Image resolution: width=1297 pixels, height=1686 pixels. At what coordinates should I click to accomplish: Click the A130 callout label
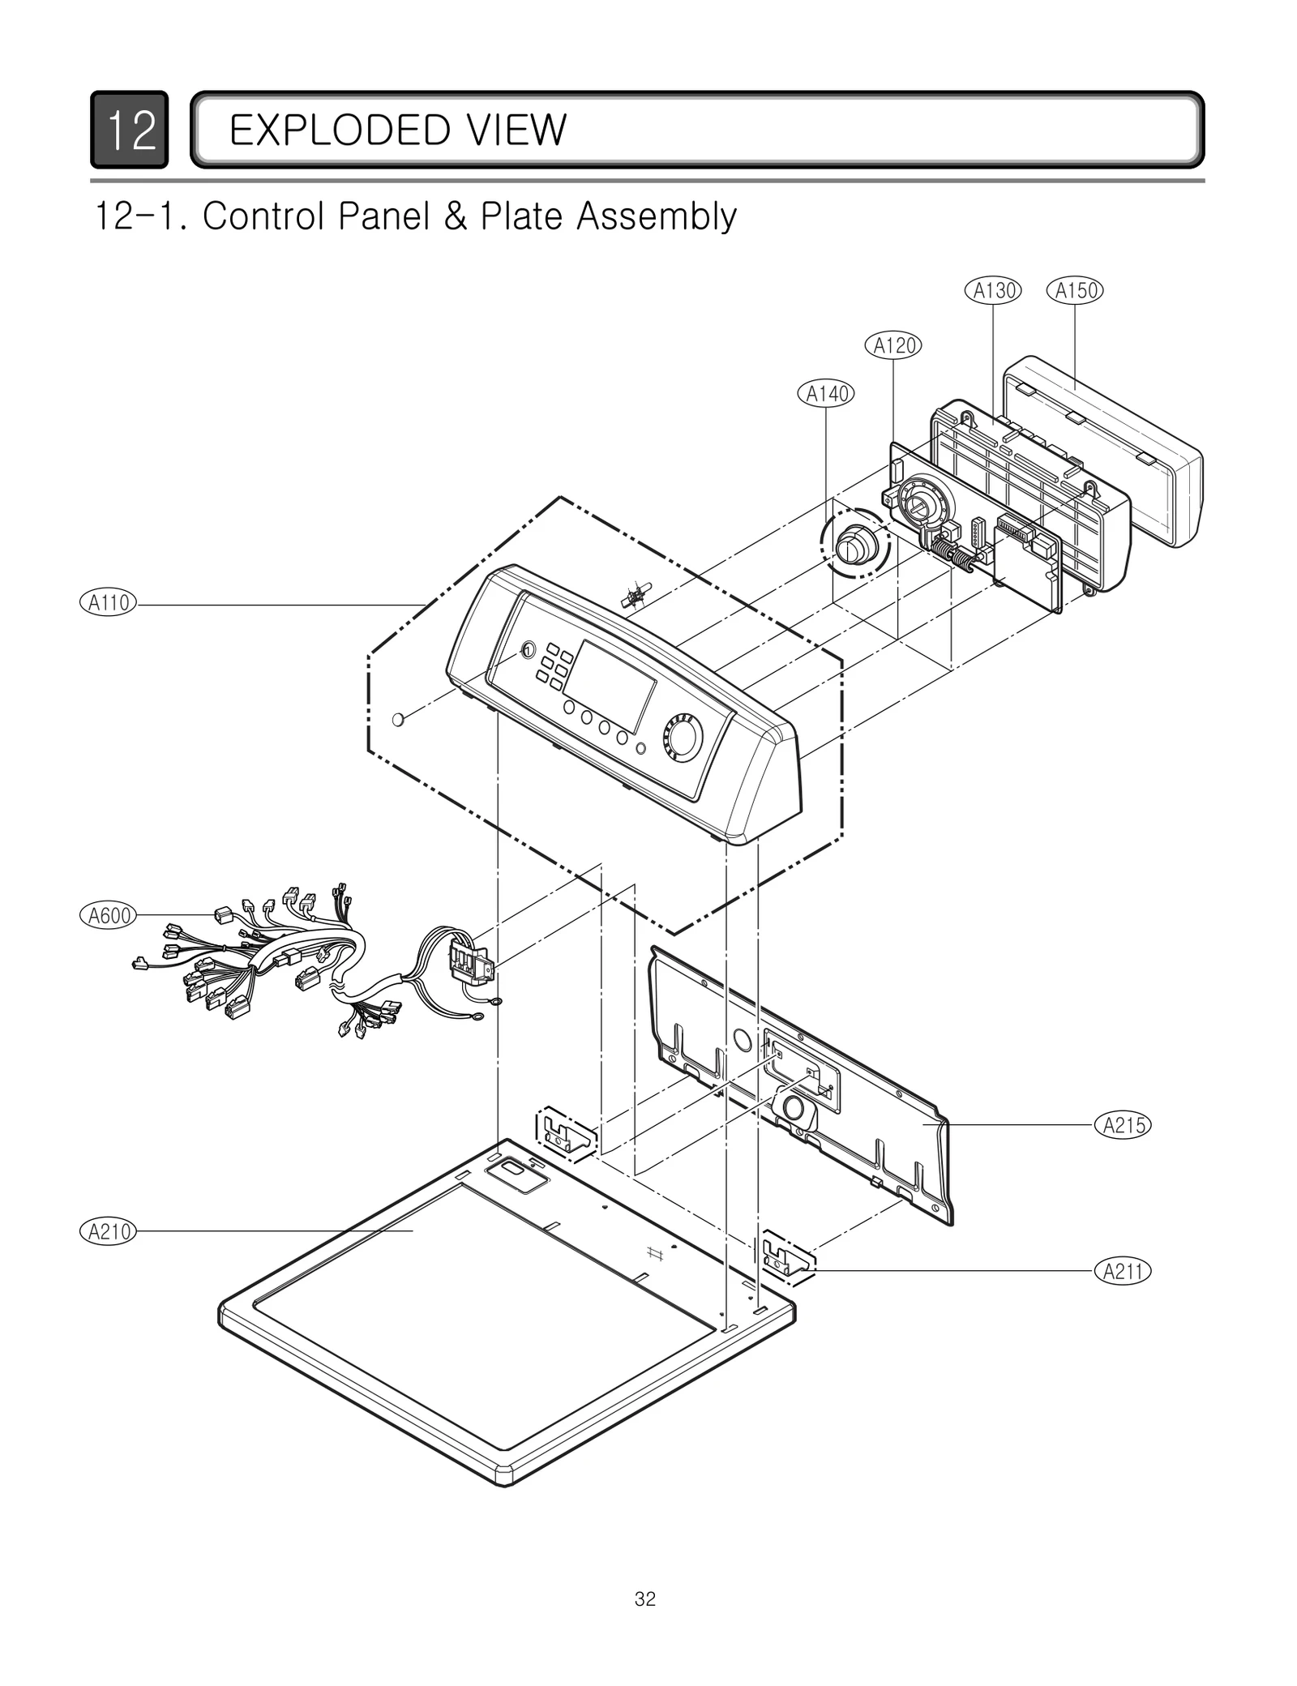pyautogui.click(x=993, y=290)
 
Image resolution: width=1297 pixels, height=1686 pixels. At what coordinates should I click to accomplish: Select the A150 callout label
pyautogui.click(x=1075, y=290)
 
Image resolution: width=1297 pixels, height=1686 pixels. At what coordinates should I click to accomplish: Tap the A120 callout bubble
pyautogui.click(x=893, y=345)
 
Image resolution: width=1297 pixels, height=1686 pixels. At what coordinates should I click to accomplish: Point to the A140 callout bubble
pyautogui.click(x=826, y=394)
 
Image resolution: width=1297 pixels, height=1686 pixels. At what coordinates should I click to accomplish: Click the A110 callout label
pyautogui.click(x=109, y=603)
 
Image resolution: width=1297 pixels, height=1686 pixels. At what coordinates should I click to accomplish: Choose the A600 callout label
pyautogui.click(x=109, y=916)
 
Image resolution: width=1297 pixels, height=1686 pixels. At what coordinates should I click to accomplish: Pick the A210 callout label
pyautogui.click(x=109, y=1232)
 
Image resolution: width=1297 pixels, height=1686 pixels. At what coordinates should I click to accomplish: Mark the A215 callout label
pyautogui.click(x=1124, y=1125)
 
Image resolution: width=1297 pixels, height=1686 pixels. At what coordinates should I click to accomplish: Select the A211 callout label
pyautogui.click(x=1124, y=1271)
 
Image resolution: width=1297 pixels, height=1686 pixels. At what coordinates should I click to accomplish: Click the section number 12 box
pyautogui.click(x=130, y=130)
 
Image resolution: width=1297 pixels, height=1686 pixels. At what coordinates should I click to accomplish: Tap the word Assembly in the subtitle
pyautogui.click(x=657, y=216)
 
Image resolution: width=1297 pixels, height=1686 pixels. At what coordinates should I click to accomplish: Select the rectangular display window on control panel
pyautogui.click(x=610, y=686)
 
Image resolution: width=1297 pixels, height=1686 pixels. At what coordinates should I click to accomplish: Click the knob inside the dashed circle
pyautogui.click(x=854, y=543)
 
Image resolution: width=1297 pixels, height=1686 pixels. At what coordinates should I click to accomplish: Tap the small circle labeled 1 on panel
pyautogui.click(x=527, y=650)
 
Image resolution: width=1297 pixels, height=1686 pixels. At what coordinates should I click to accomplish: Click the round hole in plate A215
pyautogui.click(x=742, y=1038)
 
